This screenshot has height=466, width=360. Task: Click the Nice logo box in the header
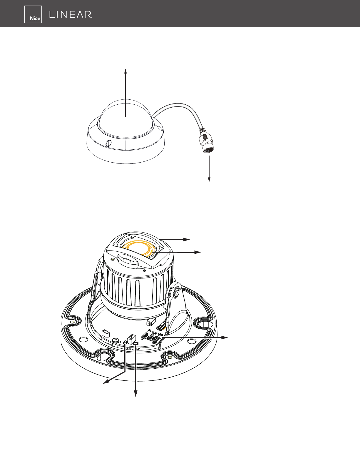(33, 14)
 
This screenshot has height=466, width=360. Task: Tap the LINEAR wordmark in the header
(71, 14)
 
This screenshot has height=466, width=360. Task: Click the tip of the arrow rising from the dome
(125, 69)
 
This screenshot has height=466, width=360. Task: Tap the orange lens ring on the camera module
(141, 249)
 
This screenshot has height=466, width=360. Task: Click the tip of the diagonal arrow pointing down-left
(103, 383)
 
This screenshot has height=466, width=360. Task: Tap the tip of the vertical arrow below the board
(136, 397)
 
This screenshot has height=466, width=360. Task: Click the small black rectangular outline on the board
(136, 343)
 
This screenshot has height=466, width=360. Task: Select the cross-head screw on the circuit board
(116, 340)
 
